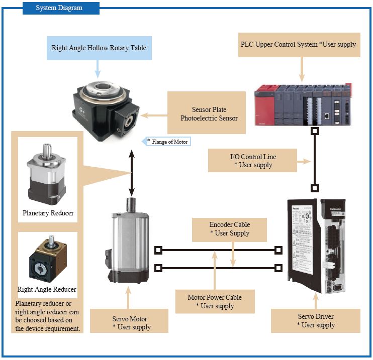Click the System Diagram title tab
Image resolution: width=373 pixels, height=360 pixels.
[x=61, y=8]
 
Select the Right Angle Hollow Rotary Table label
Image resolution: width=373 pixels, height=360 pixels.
[x=99, y=49]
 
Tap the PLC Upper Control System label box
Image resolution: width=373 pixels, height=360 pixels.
[x=298, y=44]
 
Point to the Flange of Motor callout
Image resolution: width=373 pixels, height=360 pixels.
[x=168, y=142]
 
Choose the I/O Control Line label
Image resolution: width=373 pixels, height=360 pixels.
[x=249, y=161]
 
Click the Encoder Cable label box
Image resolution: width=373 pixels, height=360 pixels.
[x=229, y=228]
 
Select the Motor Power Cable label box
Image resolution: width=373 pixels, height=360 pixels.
[x=215, y=301]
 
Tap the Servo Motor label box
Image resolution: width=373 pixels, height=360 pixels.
[x=129, y=322]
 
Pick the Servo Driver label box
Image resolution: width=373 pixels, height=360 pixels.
[x=315, y=320]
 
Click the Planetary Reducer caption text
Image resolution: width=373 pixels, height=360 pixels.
[x=48, y=213]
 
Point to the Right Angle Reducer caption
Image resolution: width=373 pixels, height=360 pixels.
[x=47, y=289]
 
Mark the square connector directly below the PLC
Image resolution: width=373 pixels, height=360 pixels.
[x=315, y=132]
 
